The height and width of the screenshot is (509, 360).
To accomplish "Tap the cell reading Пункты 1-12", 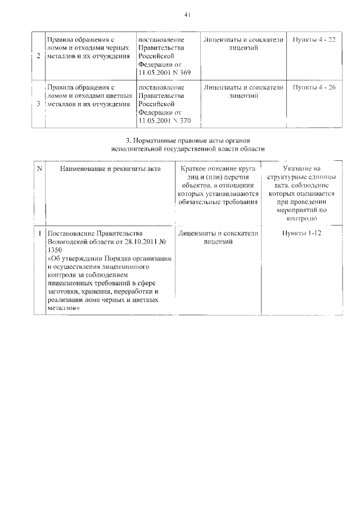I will click(x=301, y=233).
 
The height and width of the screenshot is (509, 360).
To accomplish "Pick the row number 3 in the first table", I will click(x=38, y=104).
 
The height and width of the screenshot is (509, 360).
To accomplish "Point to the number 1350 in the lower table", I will click(x=56, y=250).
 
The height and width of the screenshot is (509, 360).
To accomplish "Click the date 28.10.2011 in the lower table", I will click(x=136, y=241).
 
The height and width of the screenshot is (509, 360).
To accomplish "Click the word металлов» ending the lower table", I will click(x=64, y=308).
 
